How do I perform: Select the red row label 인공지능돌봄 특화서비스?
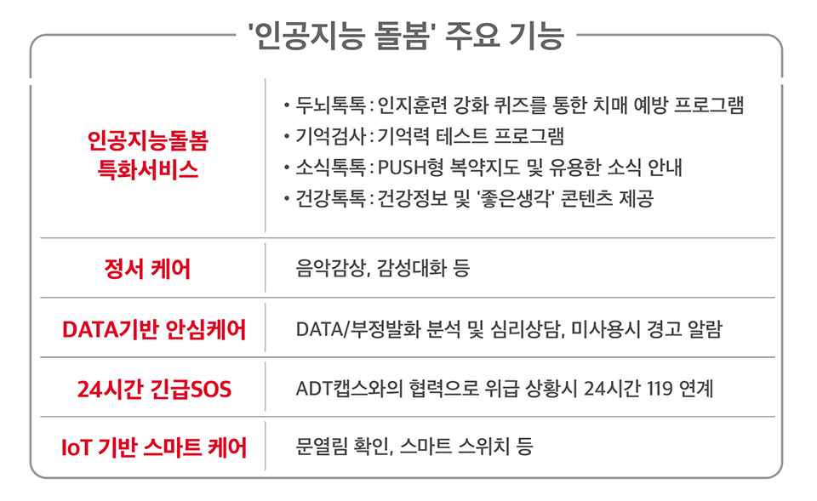click(148, 154)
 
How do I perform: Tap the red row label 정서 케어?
click(148, 270)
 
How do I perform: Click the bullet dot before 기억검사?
click(287, 137)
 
